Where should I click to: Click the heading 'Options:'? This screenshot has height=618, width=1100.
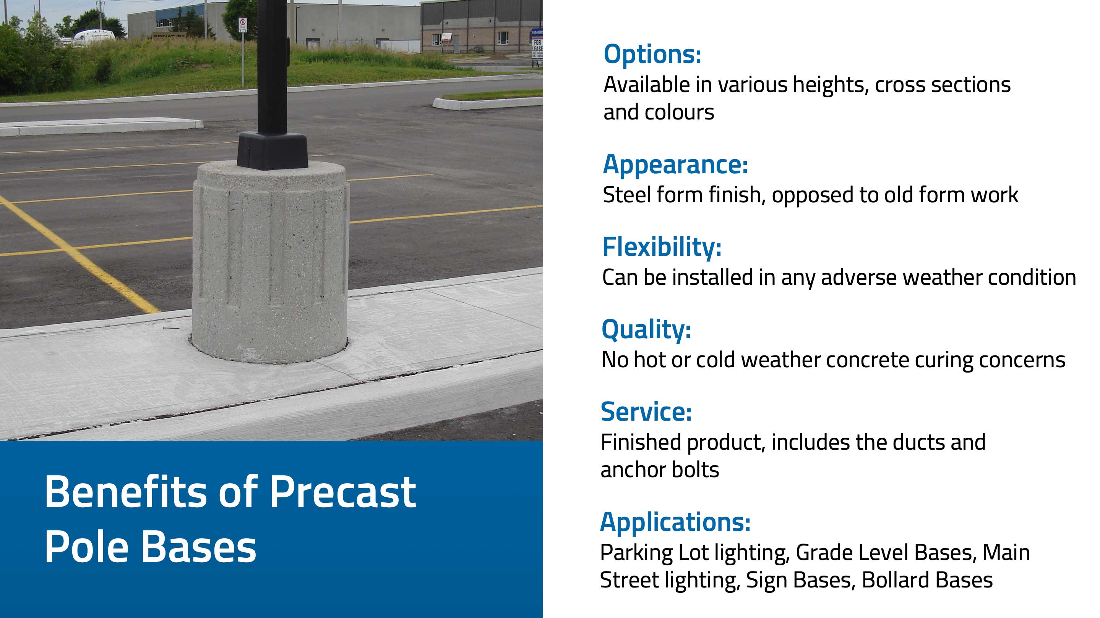652,54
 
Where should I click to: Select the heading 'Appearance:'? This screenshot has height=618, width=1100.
675,165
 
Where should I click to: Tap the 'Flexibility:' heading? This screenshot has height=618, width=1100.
662,247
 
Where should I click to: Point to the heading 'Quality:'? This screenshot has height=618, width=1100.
646,330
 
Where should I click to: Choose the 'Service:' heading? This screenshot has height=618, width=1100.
646,411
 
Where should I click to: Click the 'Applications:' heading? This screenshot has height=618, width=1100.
675,522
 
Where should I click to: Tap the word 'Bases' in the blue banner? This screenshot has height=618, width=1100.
199,547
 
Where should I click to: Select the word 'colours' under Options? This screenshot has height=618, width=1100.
679,113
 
